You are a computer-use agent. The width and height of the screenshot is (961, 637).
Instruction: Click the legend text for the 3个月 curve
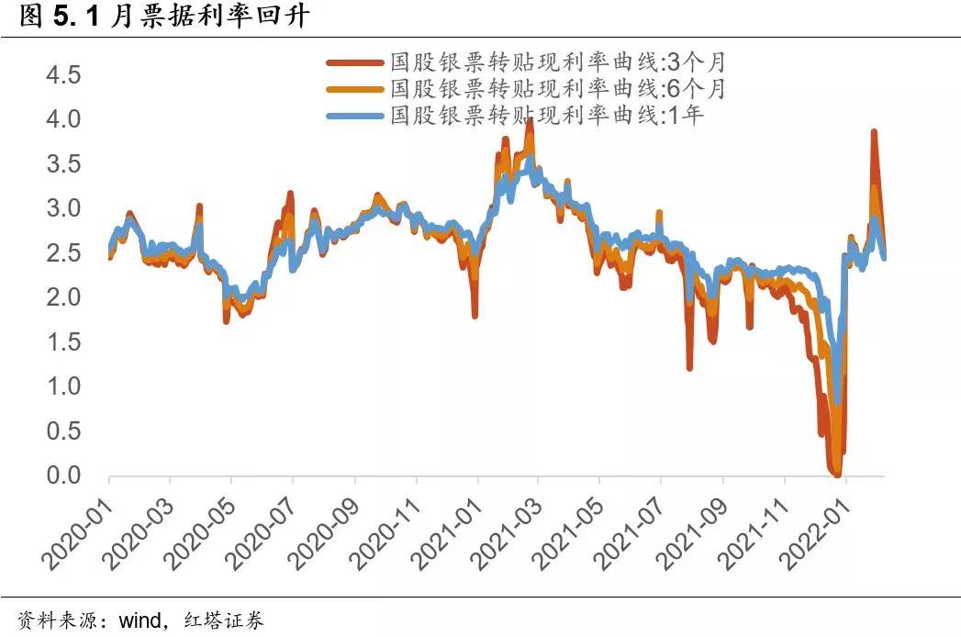tap(558, 62)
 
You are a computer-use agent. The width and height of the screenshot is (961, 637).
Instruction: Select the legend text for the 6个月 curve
tap(558, 89)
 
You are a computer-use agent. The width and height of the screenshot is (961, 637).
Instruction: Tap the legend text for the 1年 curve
tap(547, 116)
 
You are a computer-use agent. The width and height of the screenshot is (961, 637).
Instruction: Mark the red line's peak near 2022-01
tap(874, 132)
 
